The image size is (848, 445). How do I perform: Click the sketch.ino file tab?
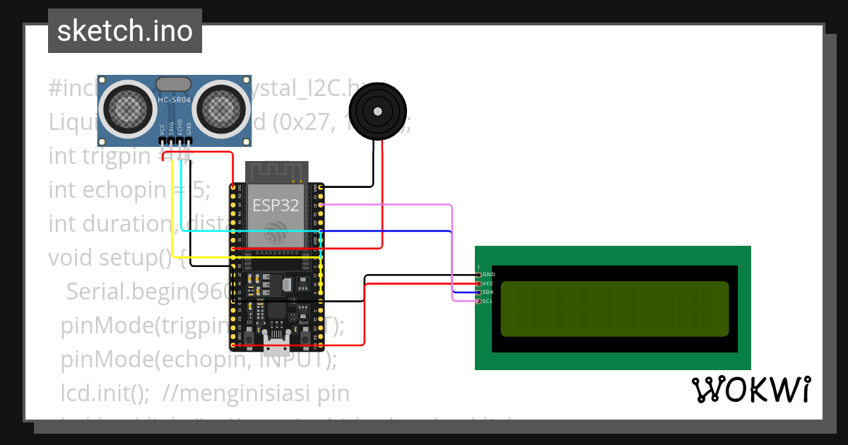pyautogui.click(x=125, y=31)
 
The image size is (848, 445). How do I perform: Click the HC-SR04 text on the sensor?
pyautogui.click(x=174, y=100)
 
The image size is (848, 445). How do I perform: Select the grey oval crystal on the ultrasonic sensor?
pyautogui.click(x=173, y=84)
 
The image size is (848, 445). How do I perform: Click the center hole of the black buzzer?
pyautogui.click(x=378, y=112)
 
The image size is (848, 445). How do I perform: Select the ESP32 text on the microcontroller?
pyautogui.click(x=276, y=206)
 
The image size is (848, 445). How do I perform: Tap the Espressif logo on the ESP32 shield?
pyautogui.click(x=276, y=231)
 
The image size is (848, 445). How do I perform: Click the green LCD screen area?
pyautogui.click(x=614, y=309)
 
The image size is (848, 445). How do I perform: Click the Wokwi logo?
pyautogui.click(x=750, y=389)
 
